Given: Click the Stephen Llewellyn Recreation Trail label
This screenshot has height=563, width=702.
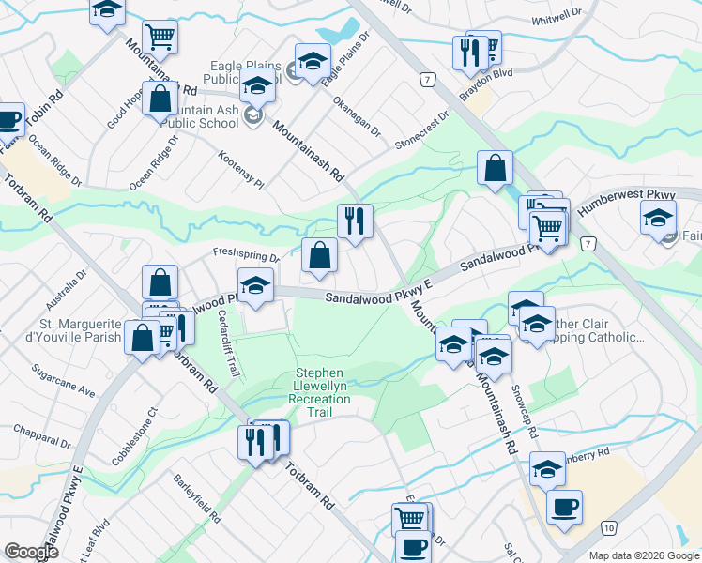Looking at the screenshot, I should click(323, 386).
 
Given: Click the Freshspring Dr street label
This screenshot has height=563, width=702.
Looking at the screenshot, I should click(246, 254).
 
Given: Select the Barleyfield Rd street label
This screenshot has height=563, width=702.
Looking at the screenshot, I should click(196, 498).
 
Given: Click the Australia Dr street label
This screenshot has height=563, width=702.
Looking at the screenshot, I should click(67, 281).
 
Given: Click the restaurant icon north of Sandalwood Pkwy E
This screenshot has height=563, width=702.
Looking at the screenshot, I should click(355, 221).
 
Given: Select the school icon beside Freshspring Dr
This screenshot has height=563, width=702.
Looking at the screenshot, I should click(254, 287).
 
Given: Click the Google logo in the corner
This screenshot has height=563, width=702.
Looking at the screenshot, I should click(31, 551).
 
